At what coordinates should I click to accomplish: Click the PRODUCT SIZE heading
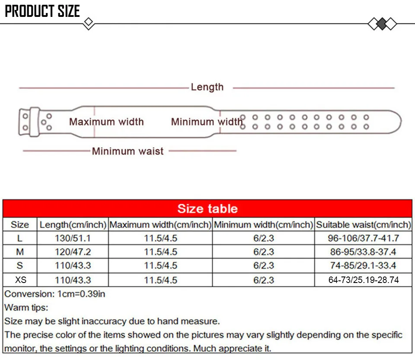pos(42,11)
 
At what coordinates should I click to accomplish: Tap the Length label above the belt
pos(207,87)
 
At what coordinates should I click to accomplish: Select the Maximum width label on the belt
pos(106,122)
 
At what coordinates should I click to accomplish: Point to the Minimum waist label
pos(128,151)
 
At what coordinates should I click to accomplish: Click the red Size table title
pos(207,209)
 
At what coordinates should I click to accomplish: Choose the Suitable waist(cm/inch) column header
pos(363,225)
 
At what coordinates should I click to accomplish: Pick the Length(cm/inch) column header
pos(73,225)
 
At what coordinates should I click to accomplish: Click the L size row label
pos(20,238)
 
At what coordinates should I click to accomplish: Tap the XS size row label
pos(20,280)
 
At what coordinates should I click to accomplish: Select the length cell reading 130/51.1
pos(73,238)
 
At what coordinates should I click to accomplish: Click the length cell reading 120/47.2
pos(73,252)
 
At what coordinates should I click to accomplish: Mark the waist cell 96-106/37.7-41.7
pos(363,238)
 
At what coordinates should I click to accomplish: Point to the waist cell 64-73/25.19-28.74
pos(363,280)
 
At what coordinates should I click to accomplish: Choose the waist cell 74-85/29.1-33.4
pos(363,266)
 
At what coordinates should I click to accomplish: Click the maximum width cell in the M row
pos(160,252)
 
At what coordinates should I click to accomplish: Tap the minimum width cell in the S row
pos(263,266)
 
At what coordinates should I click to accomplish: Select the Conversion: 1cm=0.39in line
pos(55,294)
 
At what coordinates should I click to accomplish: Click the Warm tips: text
pos(26,308)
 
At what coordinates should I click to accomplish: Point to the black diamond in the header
pos(382,23)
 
